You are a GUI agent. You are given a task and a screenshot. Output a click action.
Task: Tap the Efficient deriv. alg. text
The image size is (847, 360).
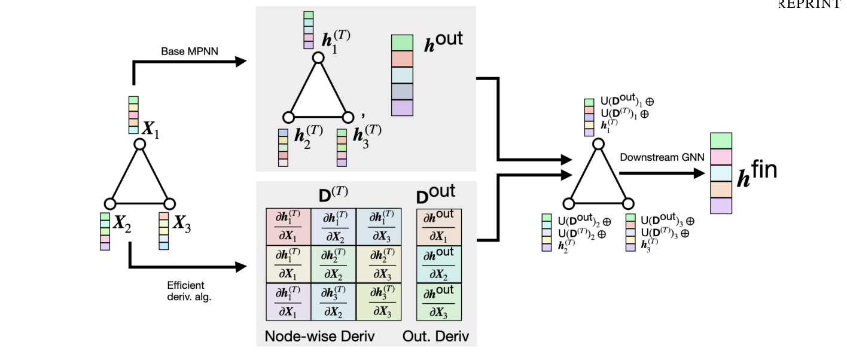tap(185, 291)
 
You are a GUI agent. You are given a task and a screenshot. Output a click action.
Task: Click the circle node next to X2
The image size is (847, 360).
tap(109, 203)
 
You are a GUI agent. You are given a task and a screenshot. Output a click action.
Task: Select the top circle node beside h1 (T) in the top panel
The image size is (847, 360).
tap(318, 58)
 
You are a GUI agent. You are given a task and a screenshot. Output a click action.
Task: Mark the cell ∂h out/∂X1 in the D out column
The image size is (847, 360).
tap(439, 226)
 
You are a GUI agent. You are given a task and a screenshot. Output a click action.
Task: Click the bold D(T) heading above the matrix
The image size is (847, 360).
tap(333, 194)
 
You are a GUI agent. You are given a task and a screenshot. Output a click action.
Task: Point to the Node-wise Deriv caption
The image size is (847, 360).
tap(319, 336)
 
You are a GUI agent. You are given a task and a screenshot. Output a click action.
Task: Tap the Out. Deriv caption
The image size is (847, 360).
tap(435, 336)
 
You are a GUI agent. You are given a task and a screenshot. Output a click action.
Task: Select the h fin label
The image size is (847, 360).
tap(757, 173)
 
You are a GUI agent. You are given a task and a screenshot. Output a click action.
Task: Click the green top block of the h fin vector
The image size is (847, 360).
tap(721, 141)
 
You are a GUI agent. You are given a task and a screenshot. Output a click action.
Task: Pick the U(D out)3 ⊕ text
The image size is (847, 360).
tap(668, 221)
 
